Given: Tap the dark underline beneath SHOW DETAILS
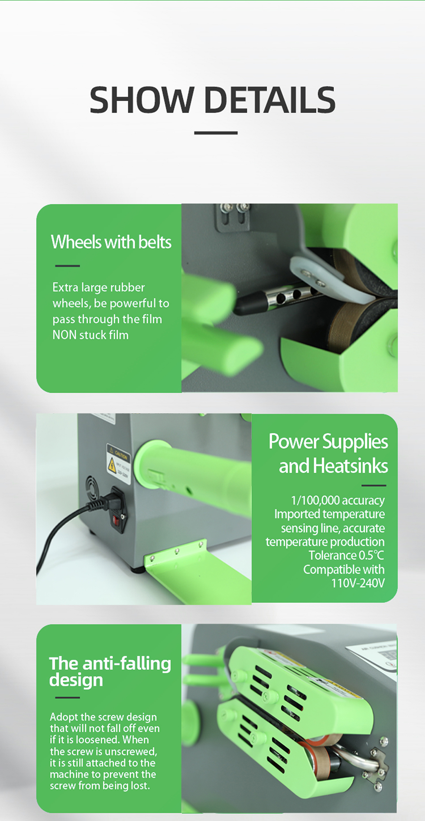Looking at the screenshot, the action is point(216,133).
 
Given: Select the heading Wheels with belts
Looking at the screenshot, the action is point(111,242).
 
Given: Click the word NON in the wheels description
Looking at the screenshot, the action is point(64,335).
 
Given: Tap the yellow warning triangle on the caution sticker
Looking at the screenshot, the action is point(111,465).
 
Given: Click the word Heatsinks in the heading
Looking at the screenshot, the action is point(350,466).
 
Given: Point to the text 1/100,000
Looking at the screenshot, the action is point(315,500).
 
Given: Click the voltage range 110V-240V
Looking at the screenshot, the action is point(358,583).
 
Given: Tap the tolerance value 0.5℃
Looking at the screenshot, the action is point(372,555).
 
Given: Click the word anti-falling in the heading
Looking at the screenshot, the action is point(127,664).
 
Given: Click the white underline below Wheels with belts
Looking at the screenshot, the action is point(68,266).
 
